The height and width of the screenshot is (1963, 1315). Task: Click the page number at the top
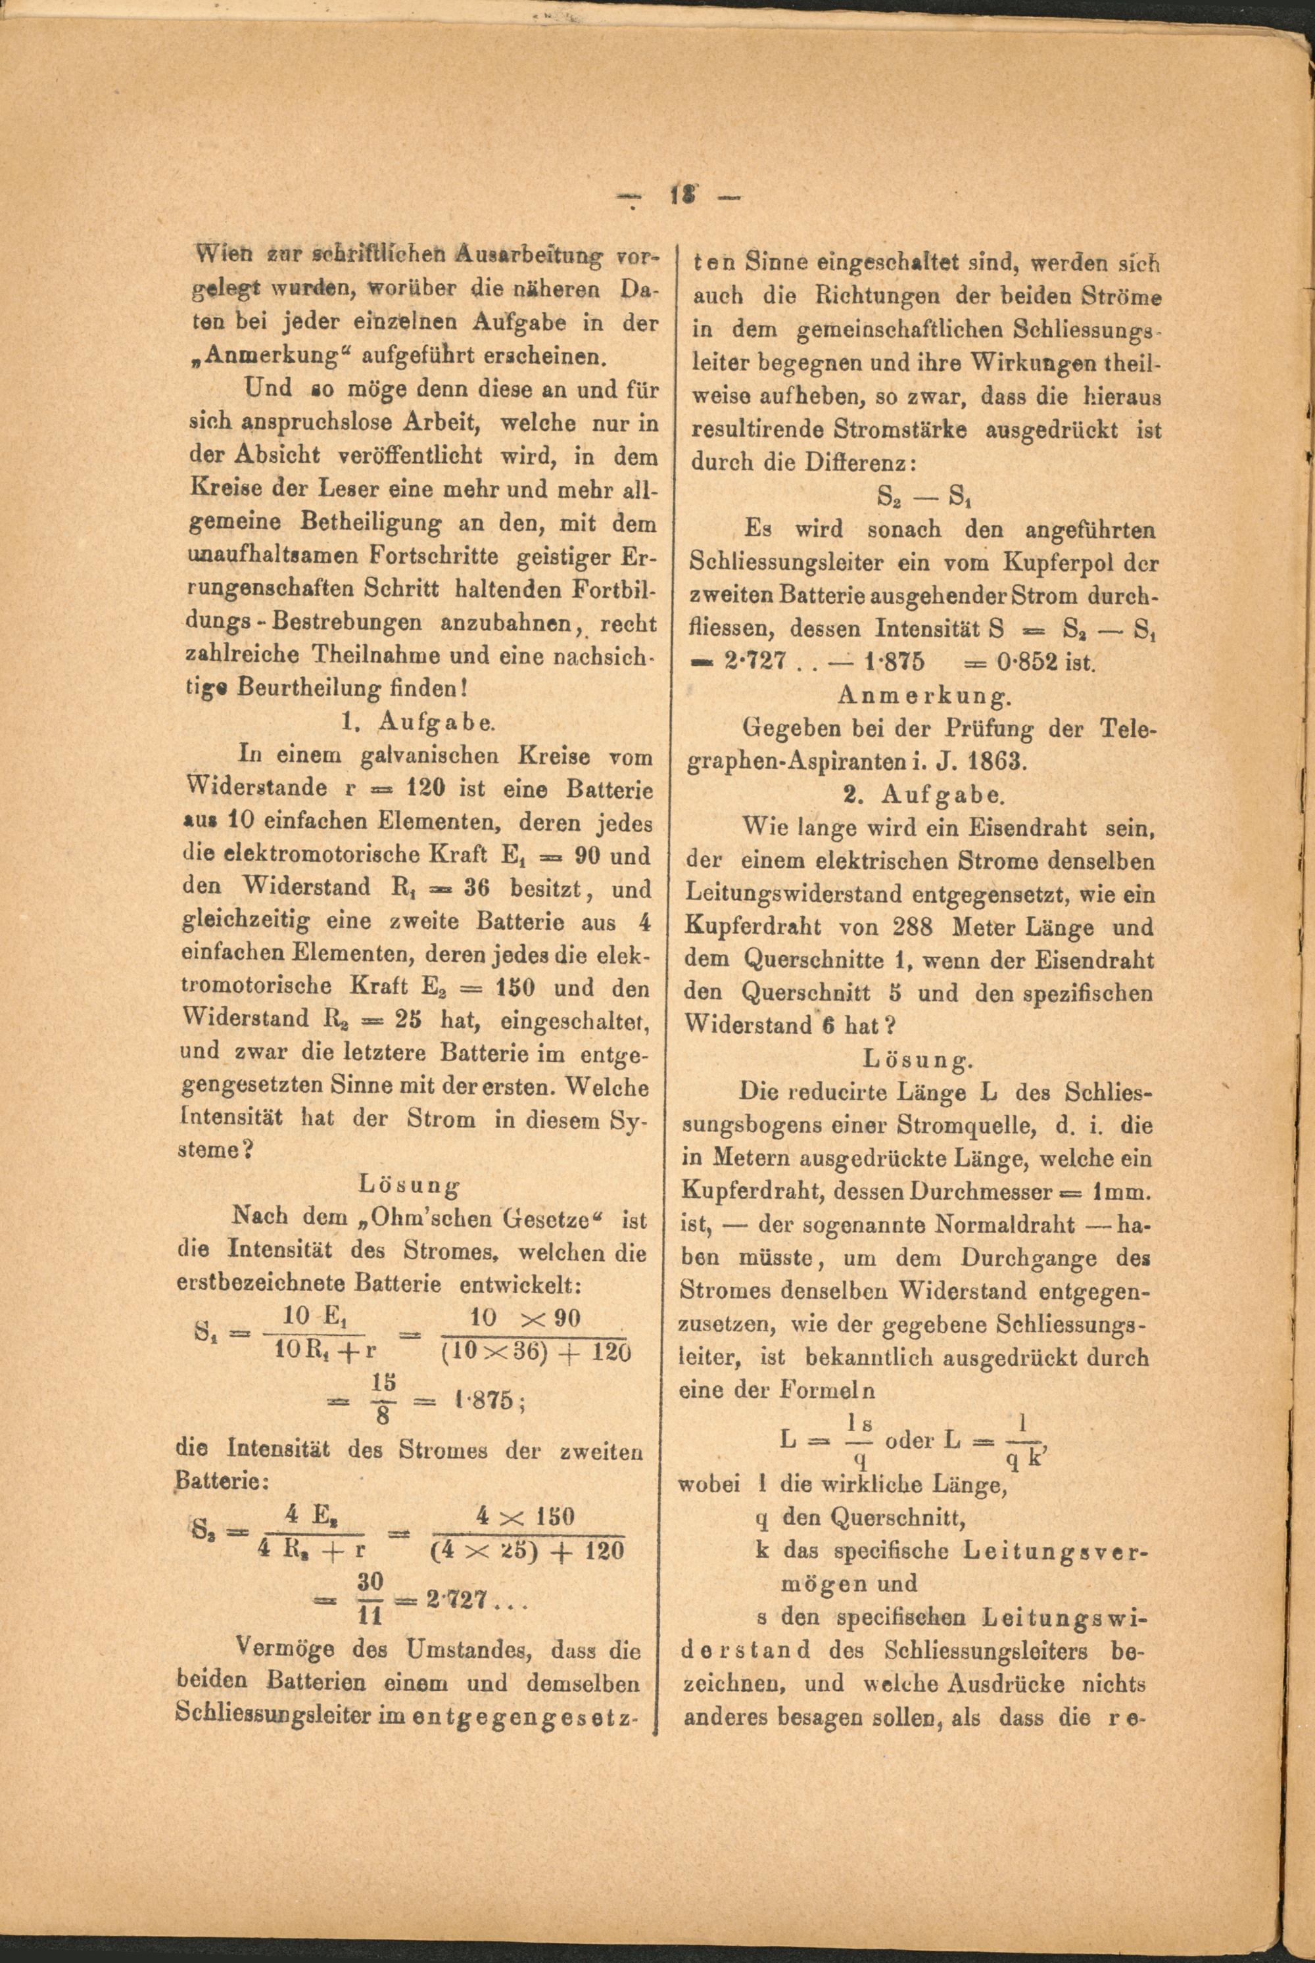click(x=679, y=197)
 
